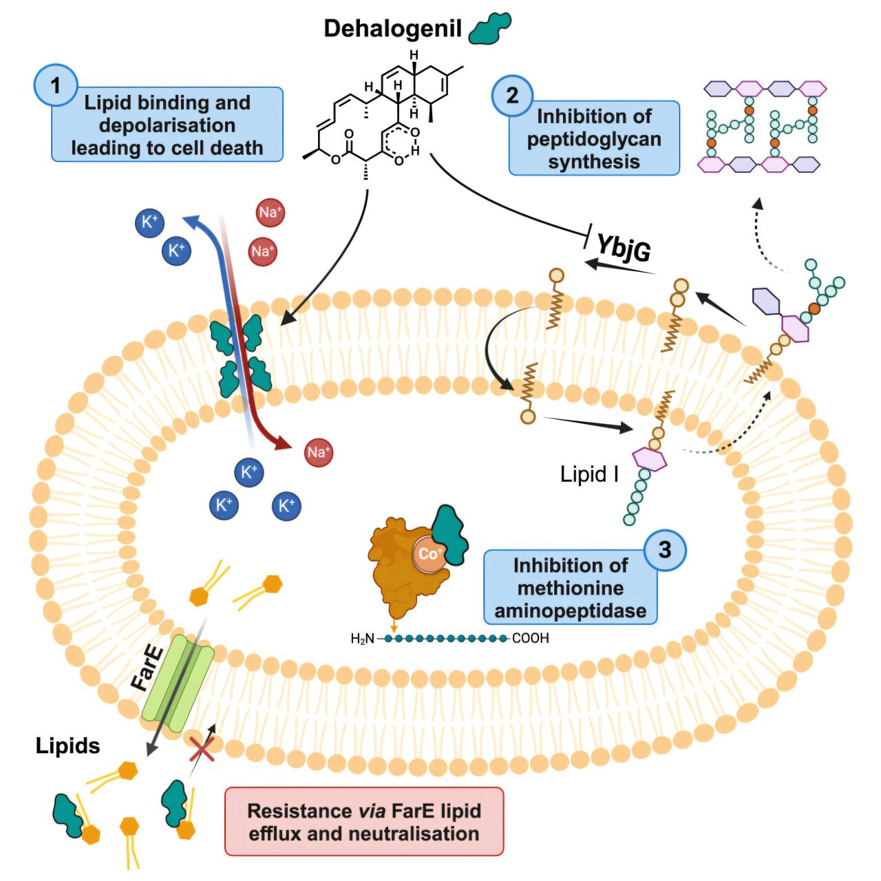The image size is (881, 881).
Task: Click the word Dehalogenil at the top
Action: [392, 29]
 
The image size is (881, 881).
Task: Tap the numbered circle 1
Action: [56, 85]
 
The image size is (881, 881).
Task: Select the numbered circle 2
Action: [512, 96]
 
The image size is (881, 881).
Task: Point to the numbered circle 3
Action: [664, 550]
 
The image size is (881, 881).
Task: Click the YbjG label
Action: [623, 247]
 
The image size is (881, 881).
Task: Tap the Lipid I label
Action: [589, 474]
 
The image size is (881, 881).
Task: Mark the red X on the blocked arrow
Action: [202, 749]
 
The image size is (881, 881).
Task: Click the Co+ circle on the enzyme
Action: [429, 554]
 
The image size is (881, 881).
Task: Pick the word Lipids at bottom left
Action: [67, 745]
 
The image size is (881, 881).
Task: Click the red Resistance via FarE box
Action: [364, 822]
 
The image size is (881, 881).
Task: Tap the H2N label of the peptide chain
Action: [362, 639]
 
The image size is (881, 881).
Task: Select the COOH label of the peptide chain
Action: [531, 639]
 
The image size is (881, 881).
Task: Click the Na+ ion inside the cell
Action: [318, 453]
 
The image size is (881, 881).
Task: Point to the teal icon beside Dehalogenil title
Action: [490, 29]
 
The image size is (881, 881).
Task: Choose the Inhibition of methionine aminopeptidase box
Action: [570, 588]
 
